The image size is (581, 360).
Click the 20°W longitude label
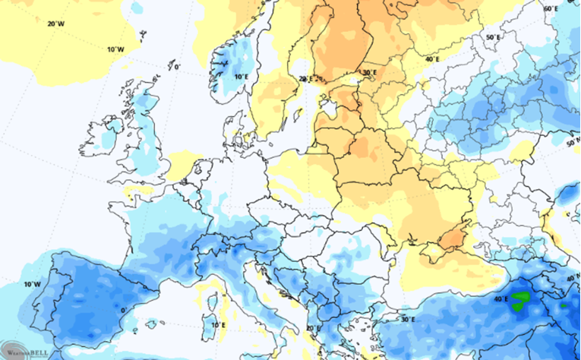55,24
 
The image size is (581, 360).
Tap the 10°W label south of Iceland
115,49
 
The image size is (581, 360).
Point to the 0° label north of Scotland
177,67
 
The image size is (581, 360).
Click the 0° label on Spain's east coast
122,311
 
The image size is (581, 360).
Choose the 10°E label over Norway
241,77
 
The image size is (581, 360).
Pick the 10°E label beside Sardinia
215,324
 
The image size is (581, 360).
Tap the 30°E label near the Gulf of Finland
369,73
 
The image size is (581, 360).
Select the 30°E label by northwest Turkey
408,319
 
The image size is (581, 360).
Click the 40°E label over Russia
433,58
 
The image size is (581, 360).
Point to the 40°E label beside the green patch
500,299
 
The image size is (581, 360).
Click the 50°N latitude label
573,143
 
